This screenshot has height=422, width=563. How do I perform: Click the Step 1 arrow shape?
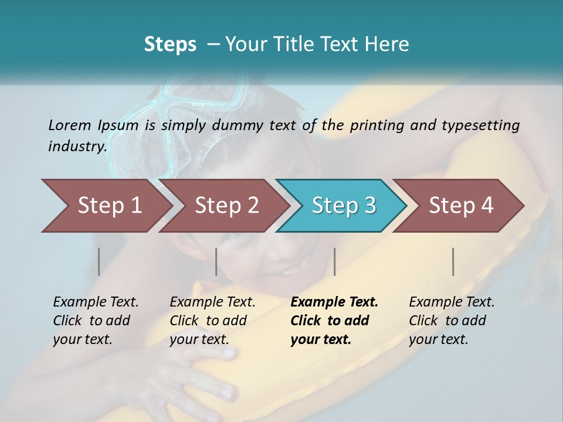tap(106, 206)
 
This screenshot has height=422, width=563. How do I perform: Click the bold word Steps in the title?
tap(170, 44)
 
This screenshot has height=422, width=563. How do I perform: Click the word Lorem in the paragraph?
tap(69, 125)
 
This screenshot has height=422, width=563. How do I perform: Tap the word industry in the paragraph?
tap(77, 147)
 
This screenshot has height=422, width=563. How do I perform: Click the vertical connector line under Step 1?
tap(99, 261)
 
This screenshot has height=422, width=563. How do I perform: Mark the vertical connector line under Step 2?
tap(216, 261)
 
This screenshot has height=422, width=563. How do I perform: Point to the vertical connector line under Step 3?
tap(334, 261)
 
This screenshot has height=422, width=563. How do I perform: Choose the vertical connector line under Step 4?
tap(453, 261)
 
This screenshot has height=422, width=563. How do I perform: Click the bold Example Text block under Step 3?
tap(334, 321)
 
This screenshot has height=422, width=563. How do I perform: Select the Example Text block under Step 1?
tap(96, 321)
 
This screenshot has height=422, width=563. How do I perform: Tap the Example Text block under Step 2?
tap(212, 321)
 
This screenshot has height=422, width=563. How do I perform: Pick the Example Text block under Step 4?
tap(452, 321)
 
